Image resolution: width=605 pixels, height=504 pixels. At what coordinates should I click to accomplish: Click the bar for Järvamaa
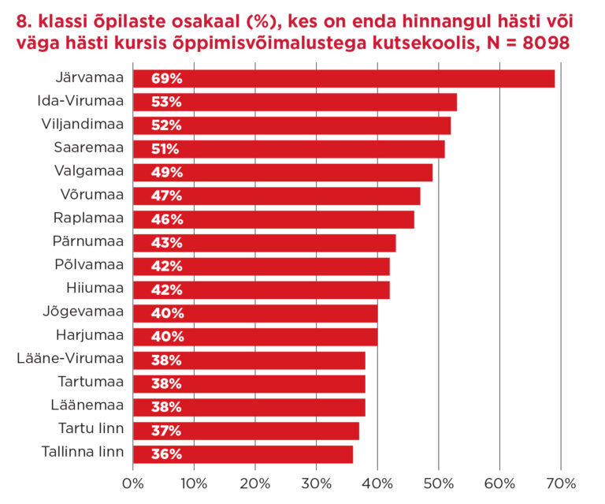(343, 78)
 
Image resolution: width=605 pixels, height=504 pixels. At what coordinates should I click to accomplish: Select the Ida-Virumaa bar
(295, 102)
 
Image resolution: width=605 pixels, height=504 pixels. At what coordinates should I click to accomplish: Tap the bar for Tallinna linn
(243, 454)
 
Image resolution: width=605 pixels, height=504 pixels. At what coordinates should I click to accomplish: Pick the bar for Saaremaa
(288, 149)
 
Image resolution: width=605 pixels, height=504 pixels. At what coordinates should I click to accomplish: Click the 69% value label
(166, 78)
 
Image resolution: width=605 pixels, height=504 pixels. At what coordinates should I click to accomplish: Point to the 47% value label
(166, 196)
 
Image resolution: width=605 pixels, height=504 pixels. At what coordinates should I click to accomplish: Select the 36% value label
(166, 454)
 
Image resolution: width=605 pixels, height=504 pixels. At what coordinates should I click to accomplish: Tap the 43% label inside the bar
(166, 243)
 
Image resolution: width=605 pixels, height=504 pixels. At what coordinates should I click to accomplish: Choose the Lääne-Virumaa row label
(70, 360)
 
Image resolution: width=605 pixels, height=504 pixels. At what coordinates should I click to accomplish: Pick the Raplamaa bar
(273, 219)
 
